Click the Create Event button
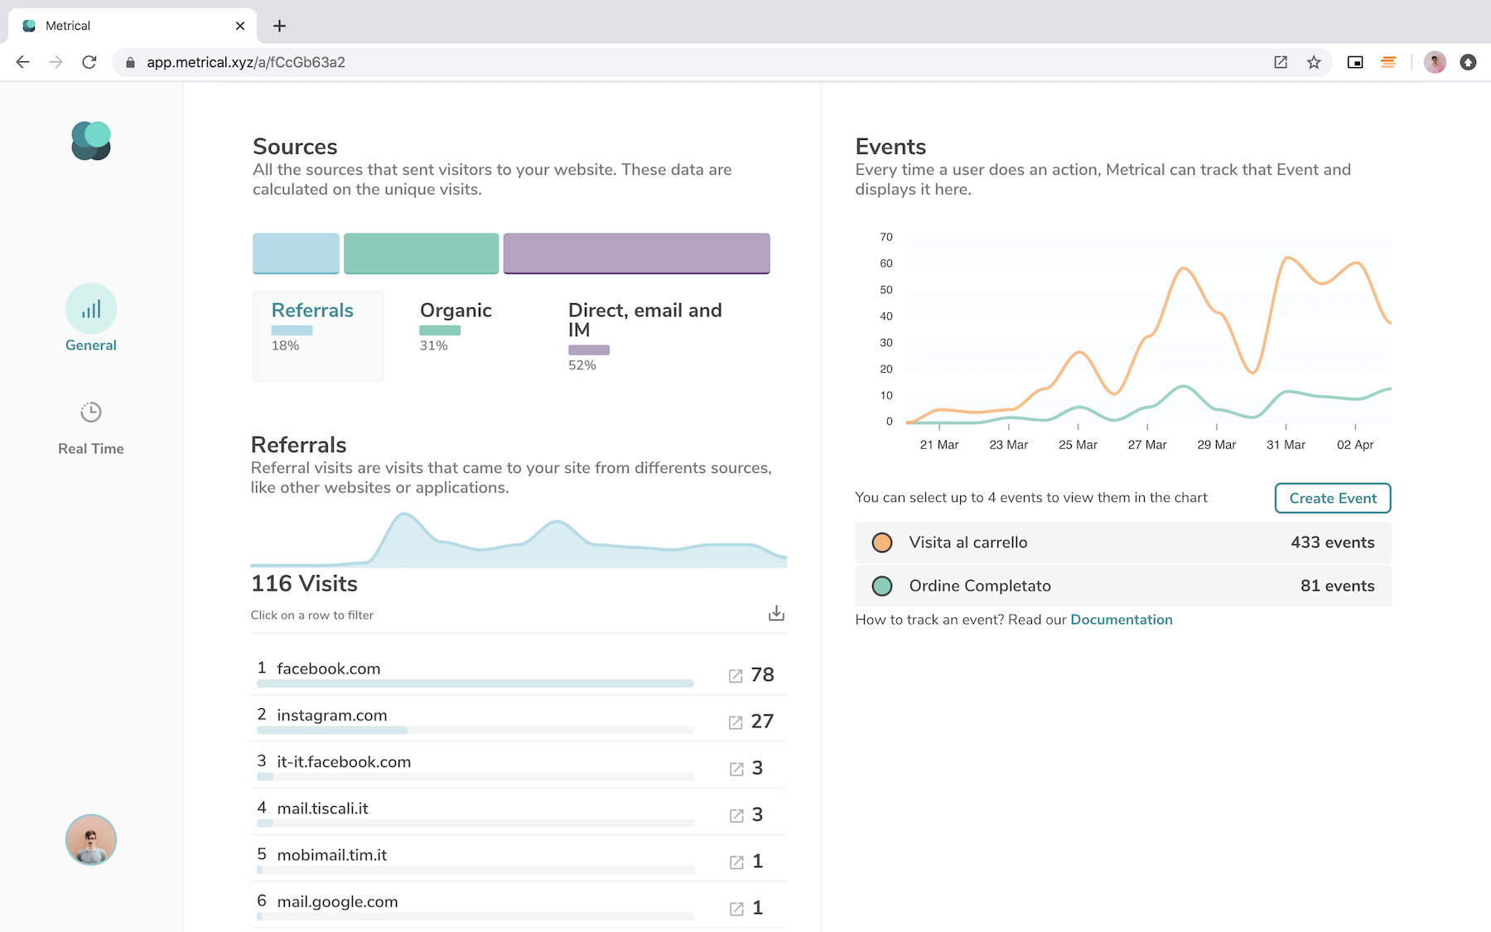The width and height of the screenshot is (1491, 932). pyautogui.click(x=1332, y=498)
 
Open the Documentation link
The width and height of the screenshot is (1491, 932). pyautogui.click(x=1122, y=620)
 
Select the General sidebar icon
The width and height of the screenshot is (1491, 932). pyautogui.click(x=91, y=309)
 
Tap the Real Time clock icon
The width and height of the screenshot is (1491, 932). pyautogui.click(x=91, y=412)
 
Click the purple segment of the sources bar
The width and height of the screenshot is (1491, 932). pyautogui.click(x=636, y=254)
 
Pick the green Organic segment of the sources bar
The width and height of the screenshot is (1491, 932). pyautogui.click(x=421, y=254)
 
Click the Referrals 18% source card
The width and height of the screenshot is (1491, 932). pyautogui.click(x=318, y=336)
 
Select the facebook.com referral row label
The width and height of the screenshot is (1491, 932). pyautogui.click(x=329, y=669)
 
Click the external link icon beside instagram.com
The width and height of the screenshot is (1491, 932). pyautogui.click(x=736, y=722)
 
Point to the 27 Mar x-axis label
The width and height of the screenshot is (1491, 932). pyautogui.click(x=1147, y=445)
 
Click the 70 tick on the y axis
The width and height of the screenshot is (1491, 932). pyautogui.click(x=886, y=237)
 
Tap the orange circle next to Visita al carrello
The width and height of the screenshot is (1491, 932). pyautogui.click(x=882, y=543)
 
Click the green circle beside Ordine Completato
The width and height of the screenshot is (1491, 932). pyautogui.click(x=882, y=587)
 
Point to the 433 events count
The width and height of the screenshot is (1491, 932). pyautogui.click(x=1333, y=543)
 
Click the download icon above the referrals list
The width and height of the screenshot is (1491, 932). pyautogui.click(x=776, y=613)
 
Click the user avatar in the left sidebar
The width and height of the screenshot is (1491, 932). pyautogui.click(x=91, y=839)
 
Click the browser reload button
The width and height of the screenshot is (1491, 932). pyautogui.click(x=89, y=62)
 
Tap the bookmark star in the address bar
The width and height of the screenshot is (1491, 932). pyautogui.click(x=1314, y=62)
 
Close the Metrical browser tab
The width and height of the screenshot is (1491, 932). pyautogui.click(x=240, y=26)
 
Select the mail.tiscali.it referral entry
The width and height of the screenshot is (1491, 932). pyautogui.click(x=322, y=809)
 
